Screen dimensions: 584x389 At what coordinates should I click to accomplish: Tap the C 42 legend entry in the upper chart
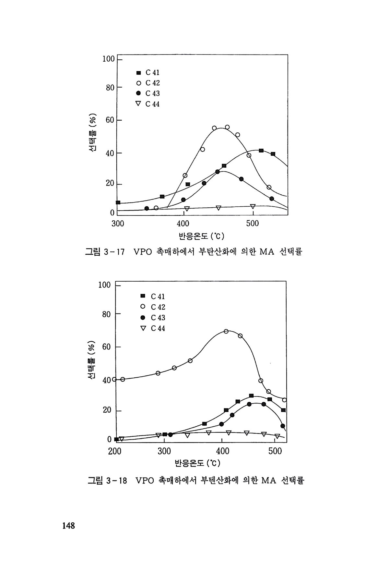tap(148, 83)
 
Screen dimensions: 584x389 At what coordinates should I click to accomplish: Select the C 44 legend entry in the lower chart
tap(153, 328)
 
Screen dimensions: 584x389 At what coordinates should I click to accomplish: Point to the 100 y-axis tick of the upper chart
tap(108, 59)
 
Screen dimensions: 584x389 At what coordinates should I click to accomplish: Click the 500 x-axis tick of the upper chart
tap(253, 224)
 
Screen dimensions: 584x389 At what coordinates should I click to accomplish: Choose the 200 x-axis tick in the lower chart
tap(115, 451)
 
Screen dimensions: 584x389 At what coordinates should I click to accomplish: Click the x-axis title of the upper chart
tap(201, 236)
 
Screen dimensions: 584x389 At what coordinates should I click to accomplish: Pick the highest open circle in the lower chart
tap(226, 331)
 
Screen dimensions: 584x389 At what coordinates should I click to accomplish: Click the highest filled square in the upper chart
tap(261, 151)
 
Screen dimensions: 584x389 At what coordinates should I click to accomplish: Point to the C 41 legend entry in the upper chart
tap(148, 73)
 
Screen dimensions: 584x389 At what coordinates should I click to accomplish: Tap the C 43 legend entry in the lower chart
tap(153, 318)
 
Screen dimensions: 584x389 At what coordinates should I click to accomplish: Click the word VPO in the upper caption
tap(143, 252)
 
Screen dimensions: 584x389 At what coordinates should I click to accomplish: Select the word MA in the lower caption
tap(268, 481)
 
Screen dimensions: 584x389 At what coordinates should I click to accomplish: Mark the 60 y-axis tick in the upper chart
tap(110, 120)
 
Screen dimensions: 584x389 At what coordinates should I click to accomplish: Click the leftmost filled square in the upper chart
tap(118, 202)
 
